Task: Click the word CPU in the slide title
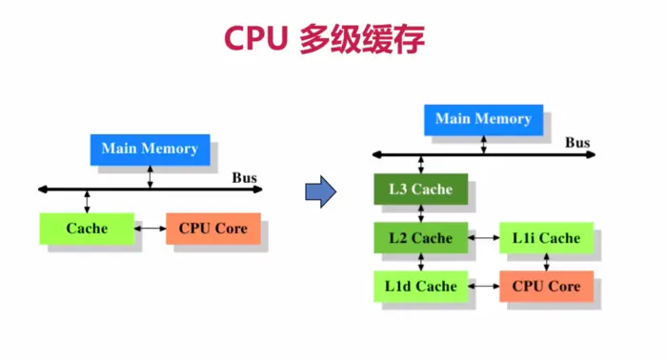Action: (x=254, y=38)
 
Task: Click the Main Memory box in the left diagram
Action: (x=150, y=149)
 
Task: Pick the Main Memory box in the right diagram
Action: (x=483, y=119)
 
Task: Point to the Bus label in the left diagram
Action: (x=245, y=177)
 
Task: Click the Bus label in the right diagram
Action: (x=577, y=143)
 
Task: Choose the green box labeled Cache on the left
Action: (x=87, y=229)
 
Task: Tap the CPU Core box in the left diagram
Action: (x=212, y=229)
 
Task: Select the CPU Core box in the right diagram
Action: (x=546, y=286)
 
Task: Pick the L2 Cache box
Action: (x=420, y=238)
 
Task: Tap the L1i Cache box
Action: (x=546, y=238)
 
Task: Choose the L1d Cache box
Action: (x=420, y=286)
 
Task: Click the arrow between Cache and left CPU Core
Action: (x=150, y=229)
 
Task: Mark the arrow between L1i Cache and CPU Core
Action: (x=547, y=262)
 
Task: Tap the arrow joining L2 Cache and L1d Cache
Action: (x=420, y=262)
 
